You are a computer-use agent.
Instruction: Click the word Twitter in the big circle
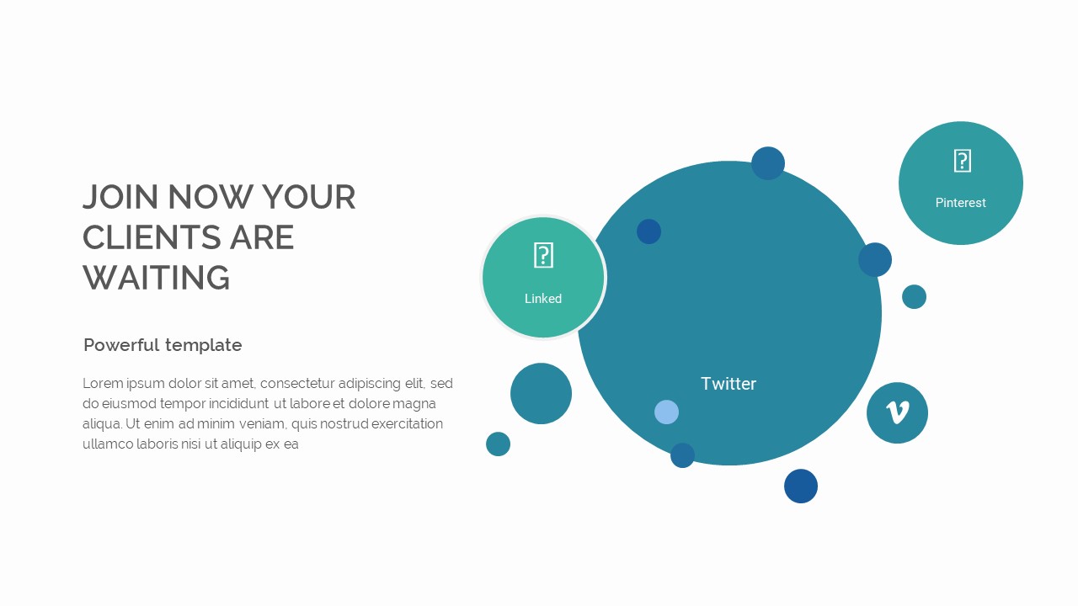(x=728, y=384)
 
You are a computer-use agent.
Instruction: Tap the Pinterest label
(x=960, y=203)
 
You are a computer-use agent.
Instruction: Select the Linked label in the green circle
(x=542, y=299)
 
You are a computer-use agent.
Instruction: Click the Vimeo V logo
(x=897, y=412)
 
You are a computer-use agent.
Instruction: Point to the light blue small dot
(x=666, y=412)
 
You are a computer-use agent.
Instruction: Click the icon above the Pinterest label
(x=962, y=161)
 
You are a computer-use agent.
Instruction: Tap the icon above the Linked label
(x=543, y=255)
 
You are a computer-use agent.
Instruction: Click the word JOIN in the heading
(x=120, y=198)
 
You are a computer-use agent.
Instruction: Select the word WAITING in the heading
(x=157, y=279)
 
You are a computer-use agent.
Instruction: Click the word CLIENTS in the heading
(x=140, y=238)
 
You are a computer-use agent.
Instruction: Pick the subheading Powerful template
(x=163, y=345)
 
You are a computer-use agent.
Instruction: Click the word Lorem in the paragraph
(x=101, y=384)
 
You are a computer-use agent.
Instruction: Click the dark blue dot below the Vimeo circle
(x=800, y=486)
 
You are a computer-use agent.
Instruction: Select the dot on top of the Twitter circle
(x=767, y=163)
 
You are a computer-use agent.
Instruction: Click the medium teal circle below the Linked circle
(x=541, y=393)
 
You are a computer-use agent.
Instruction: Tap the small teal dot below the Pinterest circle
(x=914, y=296)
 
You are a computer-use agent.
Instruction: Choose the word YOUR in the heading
(x=308, y=198)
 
